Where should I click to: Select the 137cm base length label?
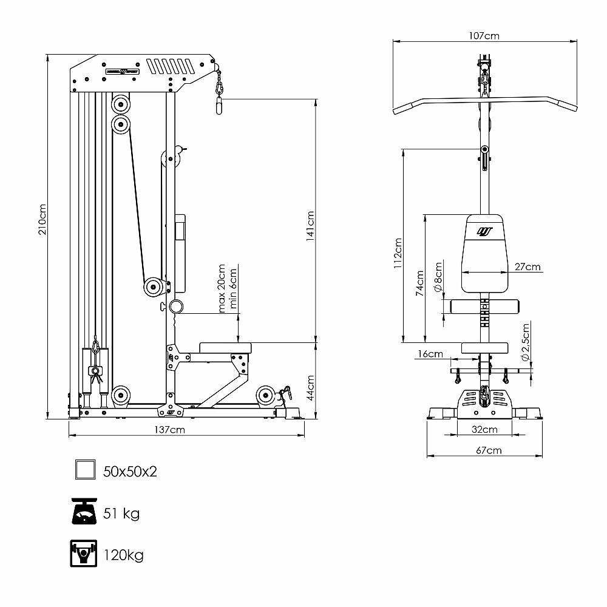[x=169, y=430]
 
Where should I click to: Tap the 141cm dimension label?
[x=310, y=226]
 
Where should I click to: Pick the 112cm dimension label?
[x=398, y=253]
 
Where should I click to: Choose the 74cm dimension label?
[x=419, y=283]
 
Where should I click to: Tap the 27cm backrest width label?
[x=527, y=266]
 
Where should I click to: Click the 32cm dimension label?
[x=485, y=430]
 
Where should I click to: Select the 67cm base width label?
[x=489, y=450]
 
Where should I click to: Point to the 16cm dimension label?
[x=430, y=354]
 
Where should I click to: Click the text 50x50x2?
[x=130, y=472]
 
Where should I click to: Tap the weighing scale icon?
[x=84, y=513]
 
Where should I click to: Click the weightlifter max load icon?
[x=84, y=554]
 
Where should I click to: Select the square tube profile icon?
[x=84, y=470]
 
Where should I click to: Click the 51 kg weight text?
[x=122, y=514]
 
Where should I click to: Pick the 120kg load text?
[x=123, y=555]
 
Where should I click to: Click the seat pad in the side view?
[x=225, y=347]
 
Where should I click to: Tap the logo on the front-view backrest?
[x=484, y=231]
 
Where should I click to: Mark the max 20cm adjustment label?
[x=222, y=288]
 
